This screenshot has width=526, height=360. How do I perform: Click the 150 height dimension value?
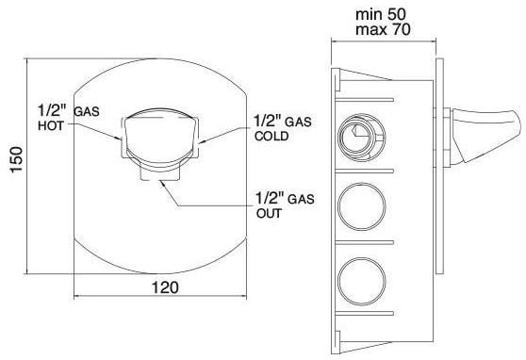(16, 159)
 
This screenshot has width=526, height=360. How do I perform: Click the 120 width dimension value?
(165, 287)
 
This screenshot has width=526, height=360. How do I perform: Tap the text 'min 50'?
(381, 14)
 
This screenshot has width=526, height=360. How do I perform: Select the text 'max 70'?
(383, 29)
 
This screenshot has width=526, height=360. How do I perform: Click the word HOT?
(51, 125)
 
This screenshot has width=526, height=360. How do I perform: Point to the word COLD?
(271, 136)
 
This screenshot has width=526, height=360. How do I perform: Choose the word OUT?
(269, 213)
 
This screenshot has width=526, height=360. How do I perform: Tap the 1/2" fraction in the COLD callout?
(268, 121)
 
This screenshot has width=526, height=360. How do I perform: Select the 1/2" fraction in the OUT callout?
(271, 198)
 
